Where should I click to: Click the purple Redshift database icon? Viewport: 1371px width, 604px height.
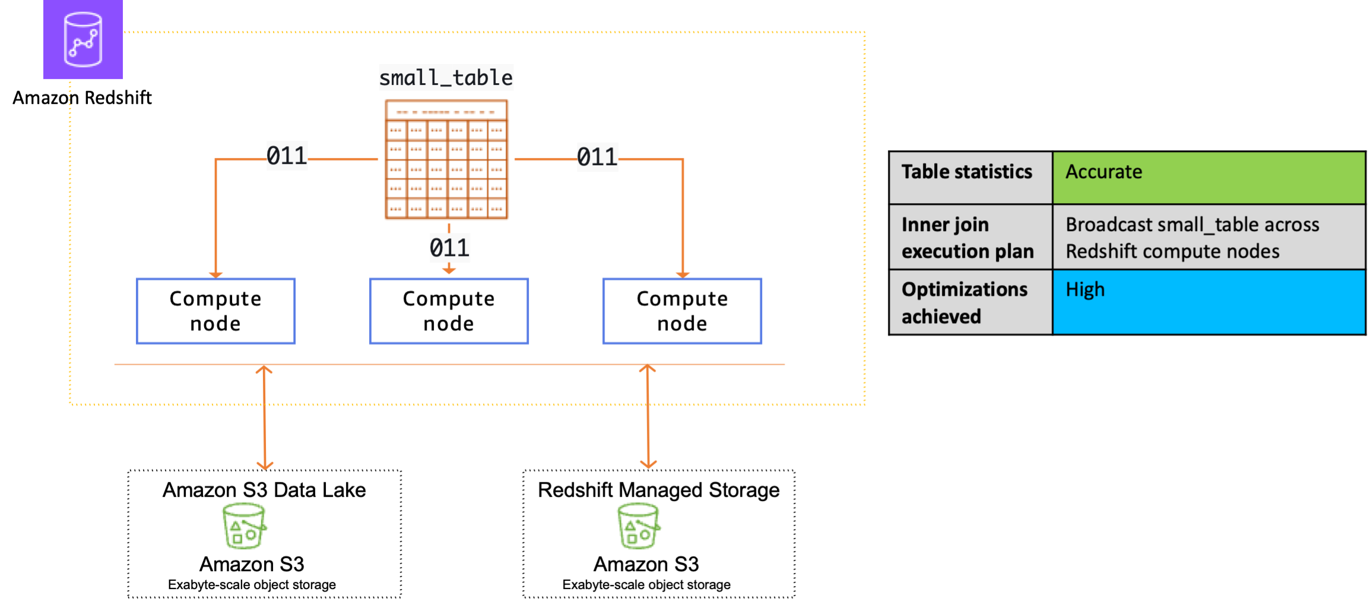tap(83, 39)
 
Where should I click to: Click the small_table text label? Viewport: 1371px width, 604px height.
tap(446, 78)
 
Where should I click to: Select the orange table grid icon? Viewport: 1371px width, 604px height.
tap(447, 160)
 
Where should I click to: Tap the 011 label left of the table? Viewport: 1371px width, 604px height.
tap(287, 156)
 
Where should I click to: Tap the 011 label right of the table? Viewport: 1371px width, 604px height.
tap(598, 157)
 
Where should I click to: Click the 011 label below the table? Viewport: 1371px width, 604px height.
tap(450, 248)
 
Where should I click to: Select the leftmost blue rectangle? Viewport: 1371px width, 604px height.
tap(216, 311)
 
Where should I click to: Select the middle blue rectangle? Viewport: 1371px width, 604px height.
tap(449, 311)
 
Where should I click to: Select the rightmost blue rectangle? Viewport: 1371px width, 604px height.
tap(683, 311)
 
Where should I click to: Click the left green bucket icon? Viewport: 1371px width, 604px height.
tap(244, 526)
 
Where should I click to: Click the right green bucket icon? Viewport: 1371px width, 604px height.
tap(639, 526)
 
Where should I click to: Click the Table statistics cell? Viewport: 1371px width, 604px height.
tap(970, 178)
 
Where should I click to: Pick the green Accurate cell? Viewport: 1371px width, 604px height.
tap(1208, 178)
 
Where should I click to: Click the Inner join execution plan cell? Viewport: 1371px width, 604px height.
tap(970, 238)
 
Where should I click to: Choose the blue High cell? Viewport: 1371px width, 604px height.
tap(1208, 302)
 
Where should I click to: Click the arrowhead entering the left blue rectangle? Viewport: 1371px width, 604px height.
tap(216, 274)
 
